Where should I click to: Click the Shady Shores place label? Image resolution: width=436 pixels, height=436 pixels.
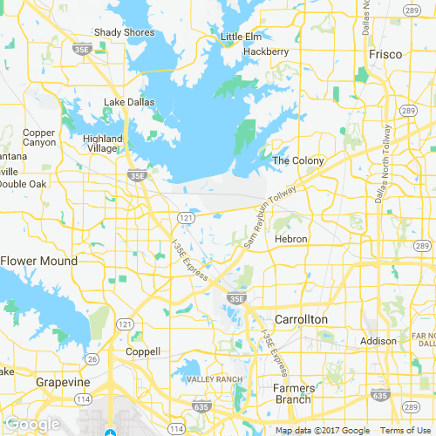125,32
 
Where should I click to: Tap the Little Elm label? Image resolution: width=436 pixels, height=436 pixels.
242,36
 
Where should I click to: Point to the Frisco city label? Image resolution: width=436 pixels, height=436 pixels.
385,54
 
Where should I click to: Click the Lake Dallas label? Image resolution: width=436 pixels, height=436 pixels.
128,102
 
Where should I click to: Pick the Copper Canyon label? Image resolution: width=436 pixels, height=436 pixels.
39,137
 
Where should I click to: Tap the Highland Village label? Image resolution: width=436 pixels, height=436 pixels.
103,144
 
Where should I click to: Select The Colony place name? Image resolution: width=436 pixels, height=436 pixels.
298,160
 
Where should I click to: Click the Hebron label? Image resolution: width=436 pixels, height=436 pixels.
290,238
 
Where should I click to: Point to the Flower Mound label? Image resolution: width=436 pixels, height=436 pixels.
39,261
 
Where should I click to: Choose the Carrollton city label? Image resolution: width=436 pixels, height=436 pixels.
301,319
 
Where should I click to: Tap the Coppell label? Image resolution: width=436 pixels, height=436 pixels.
143,351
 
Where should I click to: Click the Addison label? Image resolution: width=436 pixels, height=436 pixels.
378,340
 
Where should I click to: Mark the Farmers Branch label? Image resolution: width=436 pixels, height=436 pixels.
292,393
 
